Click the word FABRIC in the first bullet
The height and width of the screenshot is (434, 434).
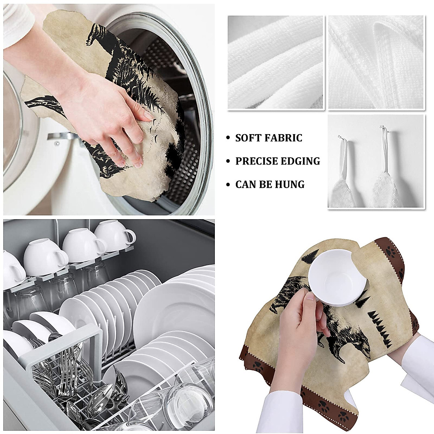click(x=286, y=138)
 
